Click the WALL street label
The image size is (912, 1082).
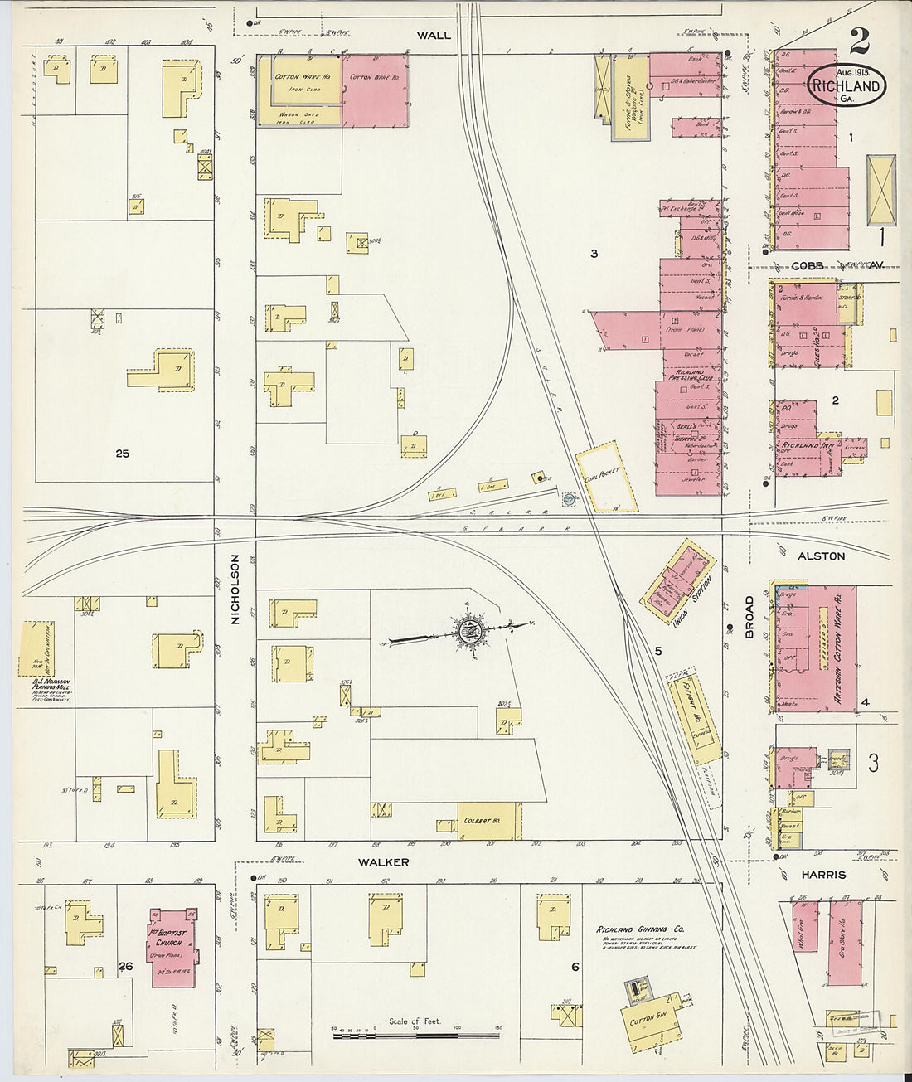(434, 35)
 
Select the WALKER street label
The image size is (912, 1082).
(383, 862)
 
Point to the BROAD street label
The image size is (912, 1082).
(749, 617)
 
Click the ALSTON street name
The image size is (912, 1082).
(821, 556)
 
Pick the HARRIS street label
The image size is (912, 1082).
(823, 875)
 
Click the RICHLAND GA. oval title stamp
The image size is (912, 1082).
(846, 85)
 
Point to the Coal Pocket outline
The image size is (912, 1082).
(608, 477)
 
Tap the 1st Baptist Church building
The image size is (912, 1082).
(173, 947)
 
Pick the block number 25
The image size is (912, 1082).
(123, 454)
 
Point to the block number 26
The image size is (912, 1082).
(126, 966)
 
